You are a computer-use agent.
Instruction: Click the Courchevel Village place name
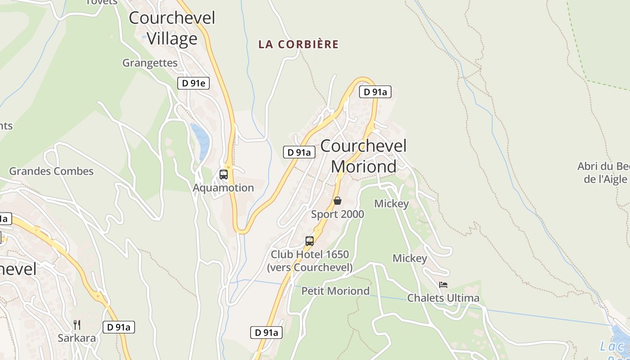pyautogui.click(x=172, y=28)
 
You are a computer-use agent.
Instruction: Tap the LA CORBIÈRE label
pyautogui.click(x=298, y=45)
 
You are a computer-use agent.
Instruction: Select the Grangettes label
pyautogui.click(x=150, y=63)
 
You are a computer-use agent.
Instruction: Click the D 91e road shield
pyautogui.click(x=193, y=83)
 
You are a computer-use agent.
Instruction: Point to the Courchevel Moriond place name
pyautogui.click(x=364, y=156)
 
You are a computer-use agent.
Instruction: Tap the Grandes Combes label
pyautogui.click(x=51, y=171)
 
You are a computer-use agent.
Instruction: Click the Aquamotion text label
pyautogui.click(x=223, y=188)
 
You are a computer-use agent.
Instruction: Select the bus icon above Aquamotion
pyautogui.click(x=223, y=175)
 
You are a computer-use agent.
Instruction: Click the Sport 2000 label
pyautogui.click(x=337, y=214)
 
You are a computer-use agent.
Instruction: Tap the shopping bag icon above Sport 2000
pyautogui.click(x=337, y=201)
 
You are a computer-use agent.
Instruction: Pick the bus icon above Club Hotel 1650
pyautogui.click(x=309, y=241)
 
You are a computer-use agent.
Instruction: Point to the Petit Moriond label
pyautogui.click(x=335, y=291)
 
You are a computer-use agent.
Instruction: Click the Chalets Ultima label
pyautogui.click(x=443, y=298)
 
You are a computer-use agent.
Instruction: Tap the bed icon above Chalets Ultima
pyautogui.click(x=443, y=285)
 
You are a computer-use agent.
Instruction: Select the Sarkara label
pyautogui.click(x=77, y=338)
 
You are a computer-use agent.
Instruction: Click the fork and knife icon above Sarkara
pyautogui.click(x=77, y=324)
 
